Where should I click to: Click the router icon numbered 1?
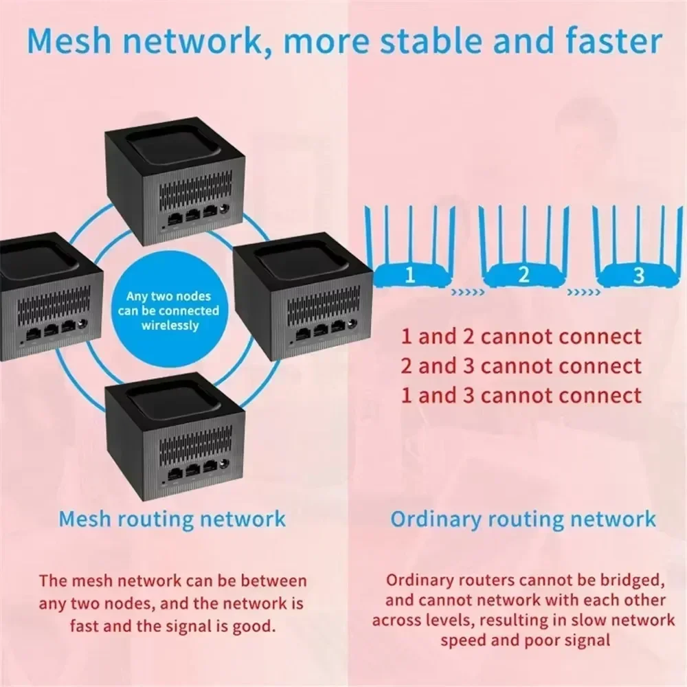pos(409,275)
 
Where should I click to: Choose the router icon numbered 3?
pos(638,275)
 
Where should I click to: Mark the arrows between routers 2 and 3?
pos(581,292)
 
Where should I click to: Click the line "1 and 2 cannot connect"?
pos(521,337)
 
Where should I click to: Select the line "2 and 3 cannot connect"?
pos(521,366)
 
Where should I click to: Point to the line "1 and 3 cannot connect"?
pos(521,395)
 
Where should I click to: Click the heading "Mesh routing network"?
pos(172,518)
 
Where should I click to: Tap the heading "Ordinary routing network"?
pos(523,519)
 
